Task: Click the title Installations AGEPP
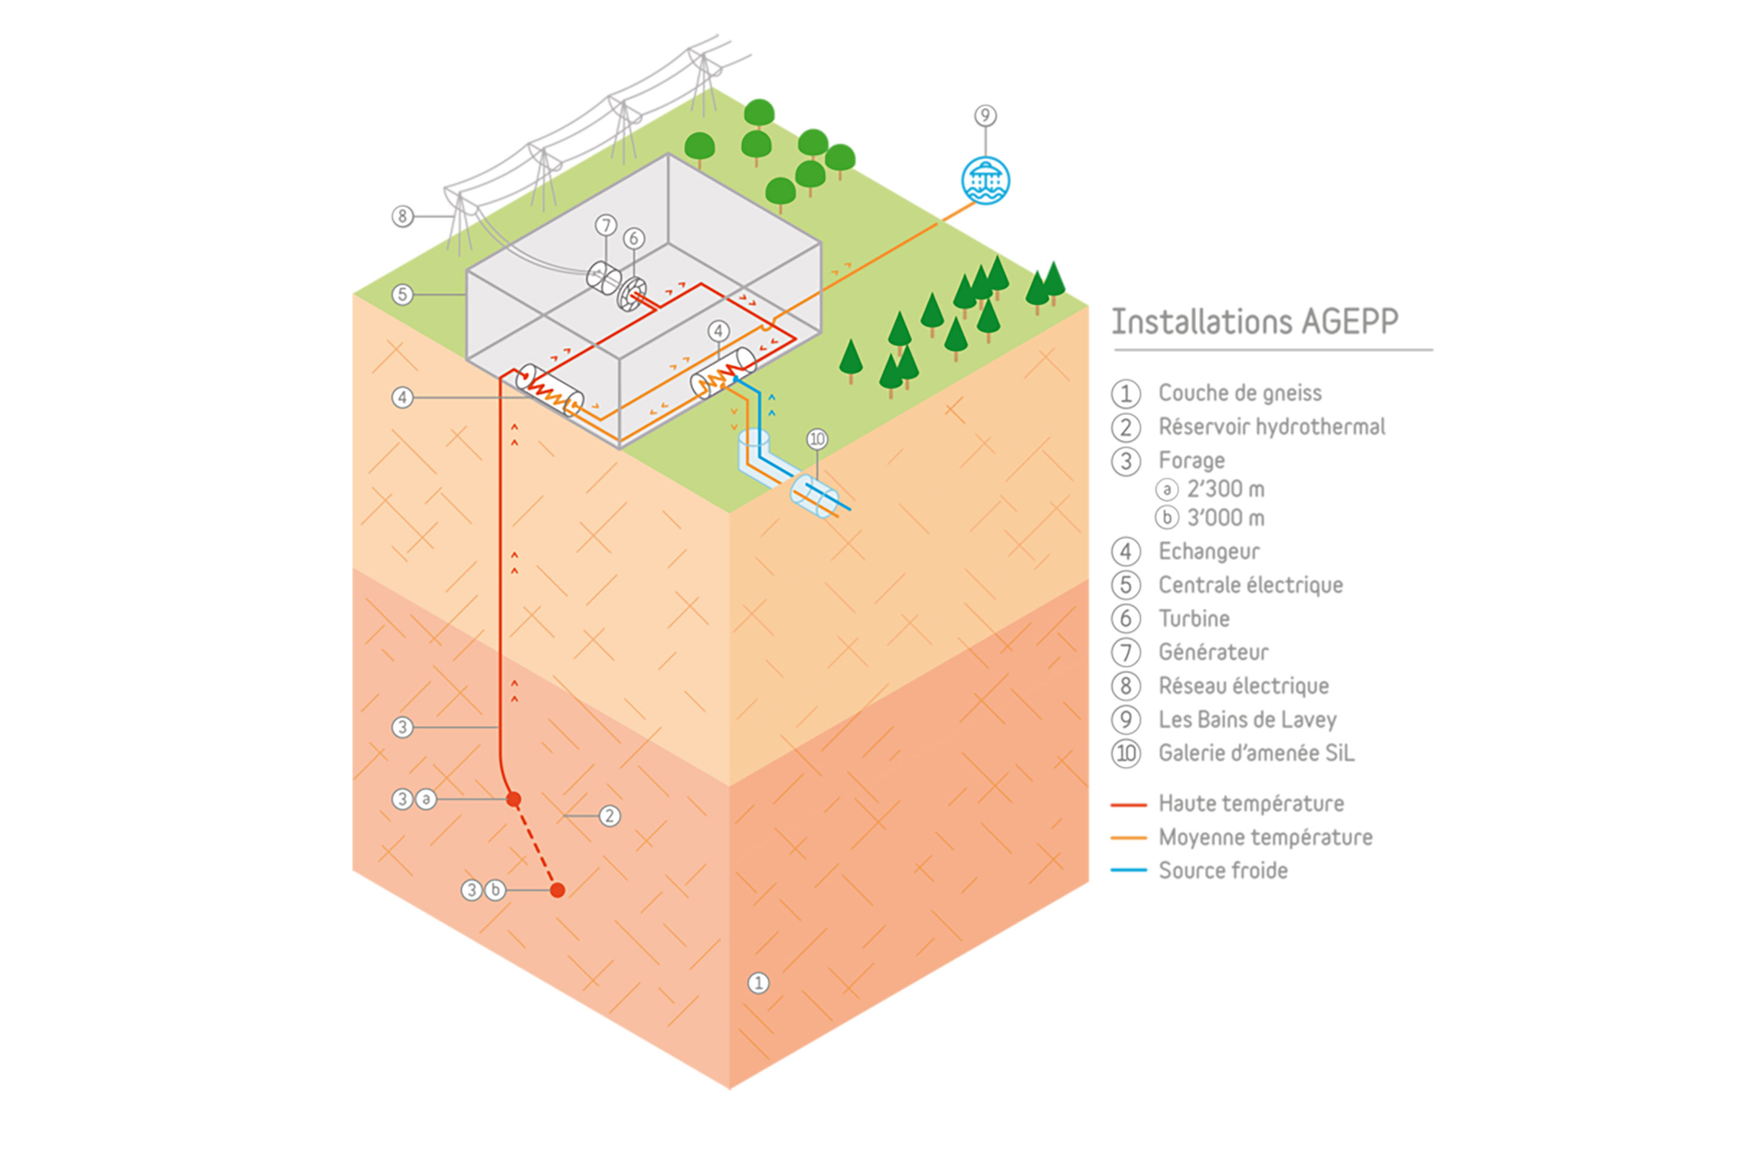pos(1255,322)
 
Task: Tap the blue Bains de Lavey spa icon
pos(985,180)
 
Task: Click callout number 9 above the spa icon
pos(985,116)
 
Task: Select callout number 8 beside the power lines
pos(402,217)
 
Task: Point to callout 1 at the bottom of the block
pos(758,983)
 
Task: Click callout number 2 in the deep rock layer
pos(609,816)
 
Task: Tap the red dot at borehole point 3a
pos(514,799)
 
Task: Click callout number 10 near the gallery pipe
pos(816,439)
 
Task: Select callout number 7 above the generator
pos(606,225)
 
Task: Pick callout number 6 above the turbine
pos(633,238)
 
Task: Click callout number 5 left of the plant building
pos(402,294)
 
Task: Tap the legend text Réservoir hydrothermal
pos(1271,427)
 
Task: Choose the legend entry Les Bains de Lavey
pos(1247,719)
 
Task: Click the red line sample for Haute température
pos(1128,804)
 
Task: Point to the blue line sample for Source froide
pos(1128,870)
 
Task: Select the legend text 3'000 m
pos(1225,518)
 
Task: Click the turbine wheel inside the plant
pos(631,294)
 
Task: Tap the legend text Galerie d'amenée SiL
pos(1256,753)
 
